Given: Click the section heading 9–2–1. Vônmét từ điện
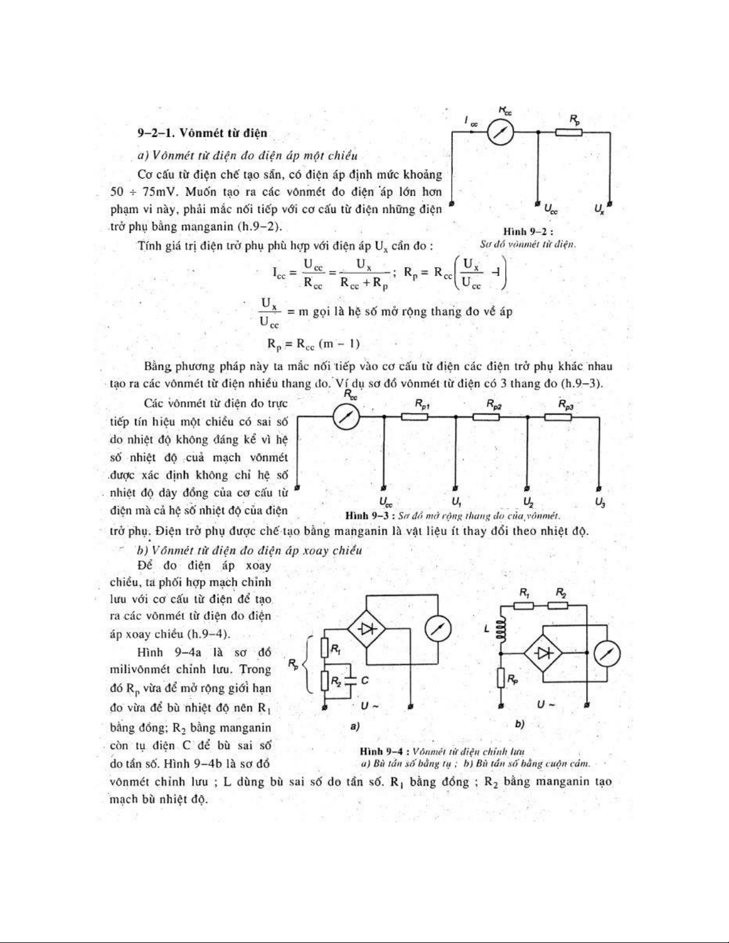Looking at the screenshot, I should coord(202,132).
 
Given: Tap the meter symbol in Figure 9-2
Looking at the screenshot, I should coord(500,132).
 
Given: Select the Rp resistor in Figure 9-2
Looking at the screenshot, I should coord(569,132).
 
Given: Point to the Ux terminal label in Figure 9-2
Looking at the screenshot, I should coord(600,209).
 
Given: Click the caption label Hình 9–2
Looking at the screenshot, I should coord(528,231).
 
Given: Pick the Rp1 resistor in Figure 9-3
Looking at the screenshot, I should coord(414,416).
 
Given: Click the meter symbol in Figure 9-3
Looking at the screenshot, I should coord(346,418).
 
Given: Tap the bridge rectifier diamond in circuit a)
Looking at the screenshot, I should coord(367,629).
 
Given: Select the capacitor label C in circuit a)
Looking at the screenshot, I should coord(365,679).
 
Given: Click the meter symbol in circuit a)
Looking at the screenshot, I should coord(439,629).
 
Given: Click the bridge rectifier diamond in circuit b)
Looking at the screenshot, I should coord(543,653).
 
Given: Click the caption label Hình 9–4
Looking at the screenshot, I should coord(382,751).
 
